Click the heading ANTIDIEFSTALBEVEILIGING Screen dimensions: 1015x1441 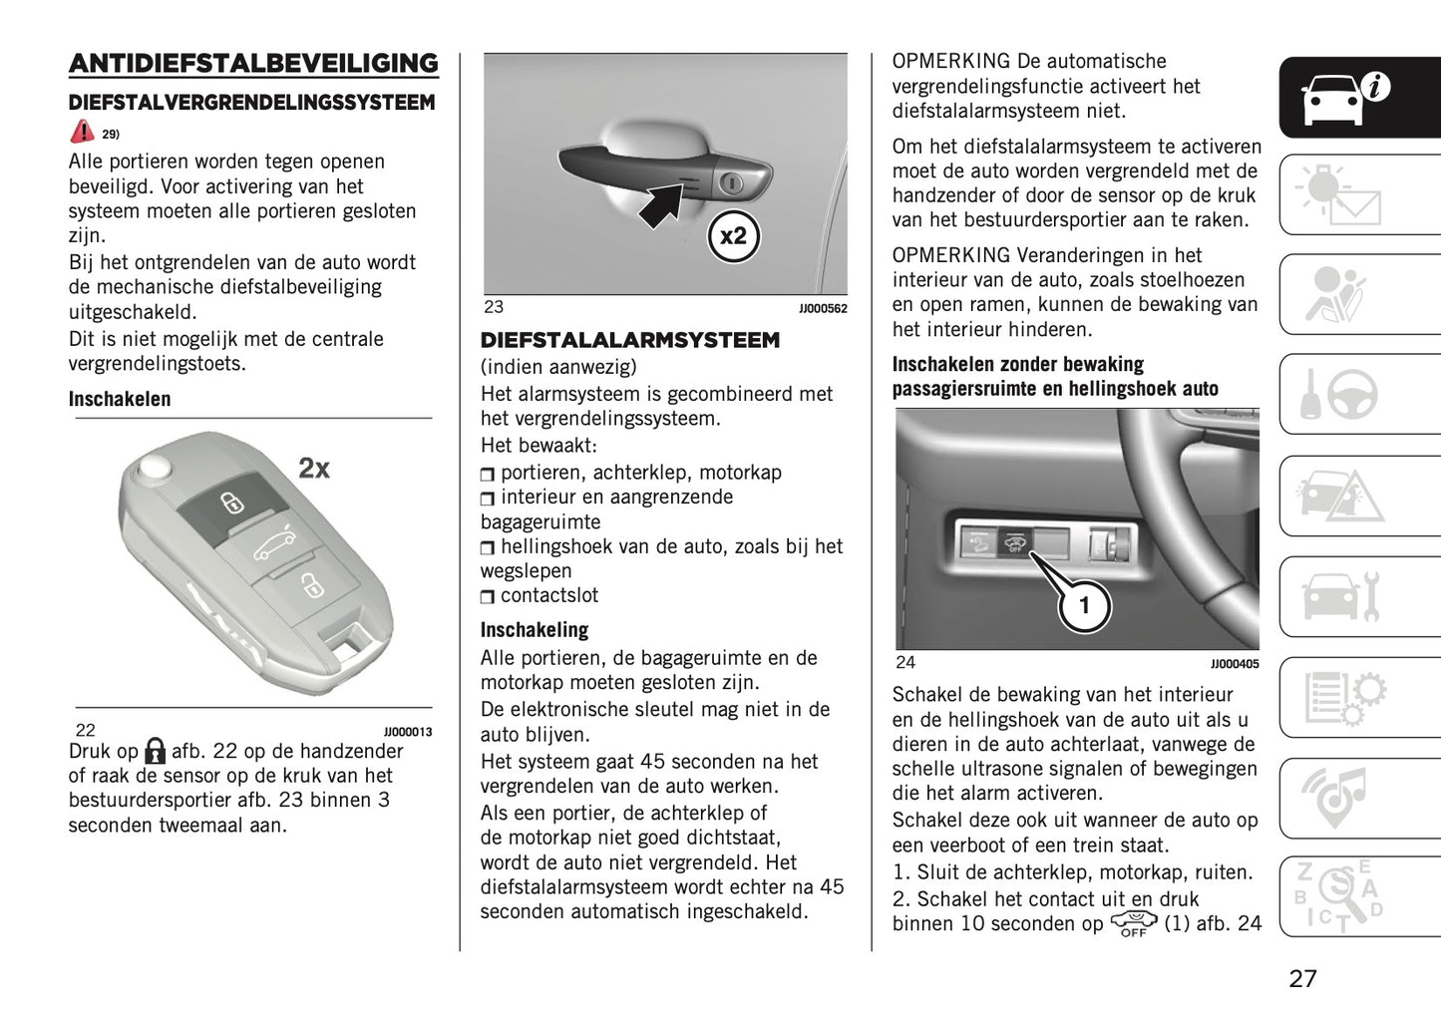point(253,64)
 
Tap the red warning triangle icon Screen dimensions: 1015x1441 point(83,132)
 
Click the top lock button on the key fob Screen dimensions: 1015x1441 point(230,502)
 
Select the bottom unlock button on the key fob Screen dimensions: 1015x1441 point(310,583)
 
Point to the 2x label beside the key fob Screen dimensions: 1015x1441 point(314,468)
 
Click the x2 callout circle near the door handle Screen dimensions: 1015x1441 point(733,236)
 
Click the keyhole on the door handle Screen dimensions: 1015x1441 point(731,182)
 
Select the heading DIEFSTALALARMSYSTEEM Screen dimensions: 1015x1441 point(630,341)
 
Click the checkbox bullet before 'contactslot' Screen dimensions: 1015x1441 point(487,597)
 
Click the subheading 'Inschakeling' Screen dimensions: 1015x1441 point(535,630)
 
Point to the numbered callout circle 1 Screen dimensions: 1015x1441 point(1085,604)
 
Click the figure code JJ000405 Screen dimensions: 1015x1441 point(1235,664)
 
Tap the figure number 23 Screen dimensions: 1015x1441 point(494,307)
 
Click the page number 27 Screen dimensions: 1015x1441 point(1302,978)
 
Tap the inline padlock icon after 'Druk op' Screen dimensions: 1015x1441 point(156,751)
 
